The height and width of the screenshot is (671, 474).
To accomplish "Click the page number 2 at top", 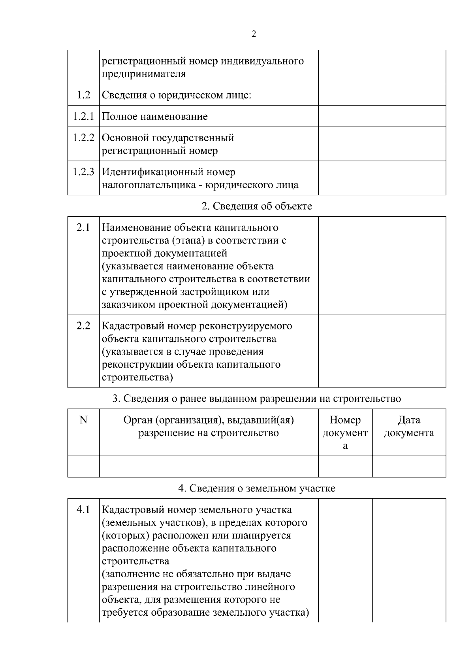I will tap(254, 34).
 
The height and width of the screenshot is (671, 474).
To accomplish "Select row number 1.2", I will tap(83, 95).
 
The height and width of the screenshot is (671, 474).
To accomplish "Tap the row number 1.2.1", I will tap(83, 116).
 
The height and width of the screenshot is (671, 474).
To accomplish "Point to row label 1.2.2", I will tap(83, 138).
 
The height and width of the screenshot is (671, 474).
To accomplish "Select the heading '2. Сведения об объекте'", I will tap(257, 206).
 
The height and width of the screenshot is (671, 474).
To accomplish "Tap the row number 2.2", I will tap(83, 326).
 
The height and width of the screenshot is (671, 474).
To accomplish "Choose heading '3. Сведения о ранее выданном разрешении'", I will tap(257, 398).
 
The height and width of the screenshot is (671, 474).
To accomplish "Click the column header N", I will tap(83, 420).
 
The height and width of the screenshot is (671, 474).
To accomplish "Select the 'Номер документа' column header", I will tap(345, 433).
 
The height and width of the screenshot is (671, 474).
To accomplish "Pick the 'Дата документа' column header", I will tap(409, 426).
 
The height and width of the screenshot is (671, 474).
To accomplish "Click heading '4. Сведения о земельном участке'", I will tap(257, 488).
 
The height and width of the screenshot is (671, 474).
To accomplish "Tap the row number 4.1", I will tap(83, 510).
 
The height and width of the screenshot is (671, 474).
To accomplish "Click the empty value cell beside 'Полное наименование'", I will tap(382, 116).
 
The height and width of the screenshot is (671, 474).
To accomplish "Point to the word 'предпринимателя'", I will tap(144, 74).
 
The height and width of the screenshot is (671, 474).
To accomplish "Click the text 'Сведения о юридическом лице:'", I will tap(177, 95).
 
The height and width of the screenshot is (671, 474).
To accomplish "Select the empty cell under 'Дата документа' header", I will tap(409, 467).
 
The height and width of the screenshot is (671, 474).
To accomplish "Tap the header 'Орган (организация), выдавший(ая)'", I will tap(209, 420).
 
